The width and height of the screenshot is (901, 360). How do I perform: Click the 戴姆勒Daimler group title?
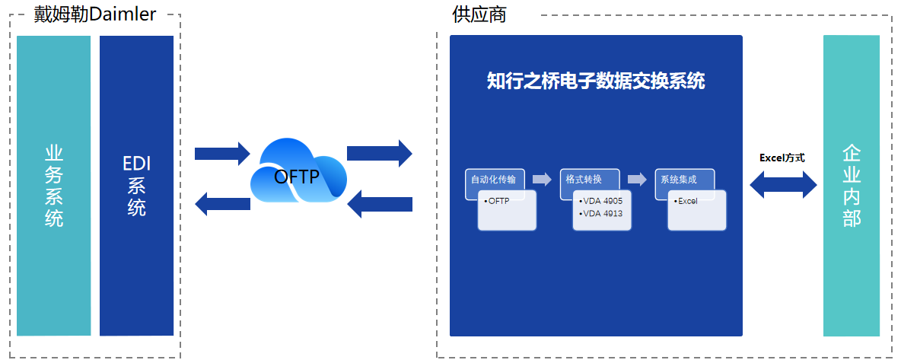[x=95, y=13]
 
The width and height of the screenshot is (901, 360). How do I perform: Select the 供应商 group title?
[x=479, y=14]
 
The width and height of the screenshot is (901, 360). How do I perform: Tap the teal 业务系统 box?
[x=53, y=186]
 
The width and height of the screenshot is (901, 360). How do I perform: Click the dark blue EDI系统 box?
[x=137, y=186]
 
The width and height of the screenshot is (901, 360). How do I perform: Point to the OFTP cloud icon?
[x=298, y=170]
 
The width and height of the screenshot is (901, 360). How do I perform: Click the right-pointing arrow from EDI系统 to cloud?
[x=222, y=154]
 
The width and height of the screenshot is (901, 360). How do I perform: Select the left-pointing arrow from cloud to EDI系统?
[x=222, y=203]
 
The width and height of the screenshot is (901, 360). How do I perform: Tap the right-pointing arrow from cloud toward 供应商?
[x=380, y=153]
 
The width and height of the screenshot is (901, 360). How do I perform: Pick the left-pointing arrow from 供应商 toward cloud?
[x=380, y=204]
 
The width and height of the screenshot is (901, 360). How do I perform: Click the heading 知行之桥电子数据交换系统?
[x=596, y=81]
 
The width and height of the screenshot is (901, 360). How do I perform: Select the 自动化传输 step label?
[x=494, y=180]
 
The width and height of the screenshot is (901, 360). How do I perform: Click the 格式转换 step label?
[x=584, y=180]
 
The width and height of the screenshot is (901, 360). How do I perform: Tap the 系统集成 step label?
[x=679, y=180]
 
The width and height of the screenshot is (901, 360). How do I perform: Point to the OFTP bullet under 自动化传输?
[x=497, y=201]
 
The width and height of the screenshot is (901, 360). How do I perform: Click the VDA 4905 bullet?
[x=600, y=201]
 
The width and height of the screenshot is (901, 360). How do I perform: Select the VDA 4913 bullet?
[x=600, y=213]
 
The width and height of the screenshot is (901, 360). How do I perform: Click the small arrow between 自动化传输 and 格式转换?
[x=542, y=180]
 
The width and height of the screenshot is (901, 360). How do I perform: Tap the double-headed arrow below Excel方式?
[x=783, y=185]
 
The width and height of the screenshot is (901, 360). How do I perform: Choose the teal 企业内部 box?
[x=851, y=186]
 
